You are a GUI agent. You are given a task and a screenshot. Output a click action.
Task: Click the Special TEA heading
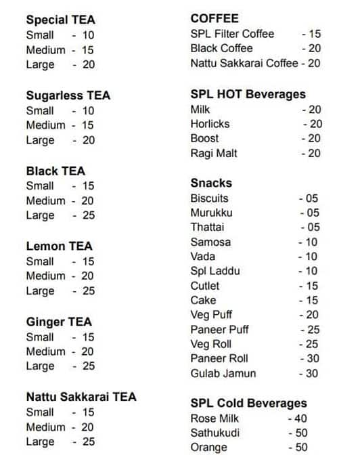click(x=60, y=20)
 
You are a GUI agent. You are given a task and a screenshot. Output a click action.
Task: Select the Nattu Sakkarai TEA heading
click(x=81, y=397)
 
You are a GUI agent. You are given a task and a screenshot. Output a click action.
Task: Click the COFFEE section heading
click(x=215, y=18)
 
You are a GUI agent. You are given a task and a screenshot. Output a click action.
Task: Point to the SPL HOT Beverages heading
click(x=248, y=94)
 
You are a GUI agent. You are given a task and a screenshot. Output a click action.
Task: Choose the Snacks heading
click(x=211, y=183)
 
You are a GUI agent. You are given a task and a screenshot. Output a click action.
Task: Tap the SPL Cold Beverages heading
click(x=249, y=403)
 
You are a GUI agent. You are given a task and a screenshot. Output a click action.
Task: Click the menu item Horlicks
click(x=210, y=124)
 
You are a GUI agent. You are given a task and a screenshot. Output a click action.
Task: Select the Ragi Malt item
click(x=213, y=154)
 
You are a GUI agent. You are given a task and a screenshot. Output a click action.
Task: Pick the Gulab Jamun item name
click(x=223, y=373)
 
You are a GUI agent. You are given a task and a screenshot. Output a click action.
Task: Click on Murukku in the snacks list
click(x=211, y=213)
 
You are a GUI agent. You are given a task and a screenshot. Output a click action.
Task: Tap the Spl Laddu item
click(x=215, y=271)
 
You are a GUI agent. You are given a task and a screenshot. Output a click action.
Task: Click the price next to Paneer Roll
click(x=310, y=358)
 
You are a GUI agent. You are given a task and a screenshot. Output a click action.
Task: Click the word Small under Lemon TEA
click(x=40, y=261)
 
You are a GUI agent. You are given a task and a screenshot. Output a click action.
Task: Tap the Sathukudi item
click(x=215, y=433)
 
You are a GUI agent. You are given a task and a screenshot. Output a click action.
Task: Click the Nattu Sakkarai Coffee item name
click(x=244, y=63)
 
